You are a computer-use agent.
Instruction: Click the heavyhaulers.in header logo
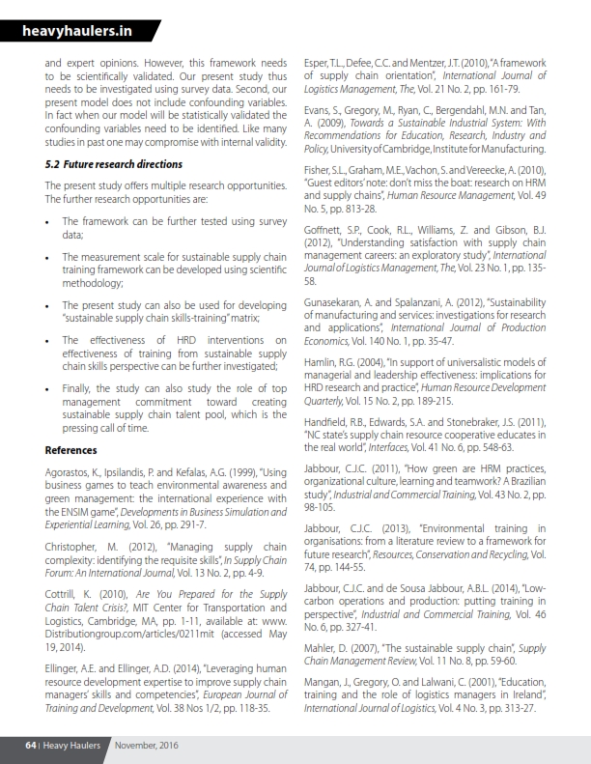76,32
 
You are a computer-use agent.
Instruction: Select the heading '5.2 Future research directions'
114,164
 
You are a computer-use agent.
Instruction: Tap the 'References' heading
71,450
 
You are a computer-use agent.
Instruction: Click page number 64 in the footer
31,746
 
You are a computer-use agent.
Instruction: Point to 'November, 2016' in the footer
146,746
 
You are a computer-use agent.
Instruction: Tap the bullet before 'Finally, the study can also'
49,388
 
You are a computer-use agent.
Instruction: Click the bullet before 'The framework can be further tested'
49,221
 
